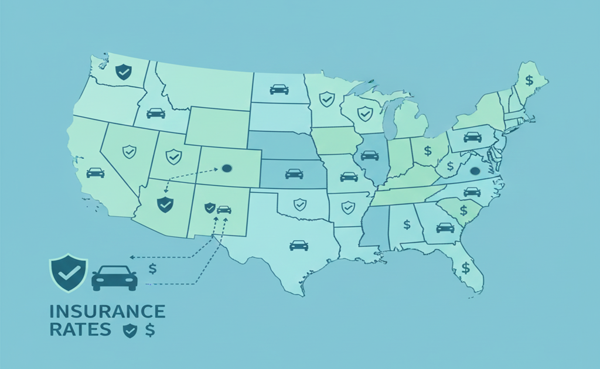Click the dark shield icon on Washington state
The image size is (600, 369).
124,72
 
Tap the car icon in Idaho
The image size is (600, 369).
155,112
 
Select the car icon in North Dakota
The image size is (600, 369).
279,89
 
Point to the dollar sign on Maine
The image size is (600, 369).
529,80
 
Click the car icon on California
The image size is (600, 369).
95,172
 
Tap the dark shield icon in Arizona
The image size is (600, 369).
165,204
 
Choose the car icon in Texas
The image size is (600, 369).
298,245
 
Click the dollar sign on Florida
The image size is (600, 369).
466,268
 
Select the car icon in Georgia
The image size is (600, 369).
445,227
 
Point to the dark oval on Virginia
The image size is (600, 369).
475,171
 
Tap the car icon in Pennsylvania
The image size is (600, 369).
472,137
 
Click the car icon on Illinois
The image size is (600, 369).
369,155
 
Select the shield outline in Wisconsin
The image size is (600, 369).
365,113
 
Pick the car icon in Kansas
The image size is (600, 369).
294,173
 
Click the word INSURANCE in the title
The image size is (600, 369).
107,311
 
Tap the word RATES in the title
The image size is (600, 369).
80,330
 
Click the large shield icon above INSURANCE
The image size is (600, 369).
69,272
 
